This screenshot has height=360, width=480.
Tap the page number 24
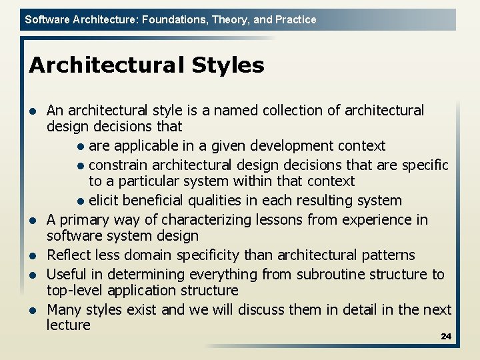pos(446,337)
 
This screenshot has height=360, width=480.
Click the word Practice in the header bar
pos(295,20)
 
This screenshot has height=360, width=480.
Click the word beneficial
pos(154,201)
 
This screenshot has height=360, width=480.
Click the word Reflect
pos(67,255)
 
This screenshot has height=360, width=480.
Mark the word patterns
pos(381,255)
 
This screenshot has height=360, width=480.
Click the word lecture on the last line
pos(68,325)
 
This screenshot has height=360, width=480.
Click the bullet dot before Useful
pos(33,275)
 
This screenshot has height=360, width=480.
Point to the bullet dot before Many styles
pos(33,311)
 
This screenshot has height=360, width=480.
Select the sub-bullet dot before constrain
pos(80,165)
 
